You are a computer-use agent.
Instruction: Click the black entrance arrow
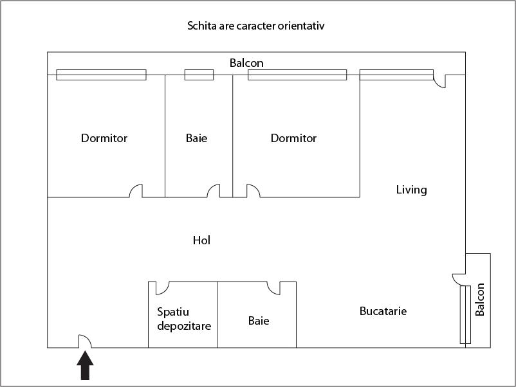click(x=85, y=365)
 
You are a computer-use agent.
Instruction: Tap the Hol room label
click(x=201, y=240)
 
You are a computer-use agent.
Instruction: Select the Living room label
click(x=411, y=190)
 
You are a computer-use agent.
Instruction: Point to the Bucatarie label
click(x=383, y=311)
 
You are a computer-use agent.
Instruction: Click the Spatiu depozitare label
click(x=184, y=319)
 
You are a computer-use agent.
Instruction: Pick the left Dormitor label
click(x=104, y=138)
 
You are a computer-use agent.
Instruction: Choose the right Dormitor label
click(x=293, y=138)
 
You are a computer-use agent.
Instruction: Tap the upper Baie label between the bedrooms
click(x=196, y=138)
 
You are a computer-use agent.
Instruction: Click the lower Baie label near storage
click(x=259, y=321)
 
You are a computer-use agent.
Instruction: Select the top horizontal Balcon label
click(x=246, y=63)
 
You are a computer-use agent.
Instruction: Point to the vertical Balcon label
click(x=480, y=300)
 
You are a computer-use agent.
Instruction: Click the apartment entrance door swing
click(x=85, y=341)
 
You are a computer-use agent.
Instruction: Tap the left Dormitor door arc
click(x=136, y=191)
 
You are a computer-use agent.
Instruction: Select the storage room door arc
click(x=162, y=288)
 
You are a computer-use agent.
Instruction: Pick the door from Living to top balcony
click(x=439, y=81)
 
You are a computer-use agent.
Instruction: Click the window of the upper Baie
click(x=199, y=75)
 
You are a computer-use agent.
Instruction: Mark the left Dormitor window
click(x=102, y=75)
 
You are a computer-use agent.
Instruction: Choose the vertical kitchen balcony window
click(x=465, y=314)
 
